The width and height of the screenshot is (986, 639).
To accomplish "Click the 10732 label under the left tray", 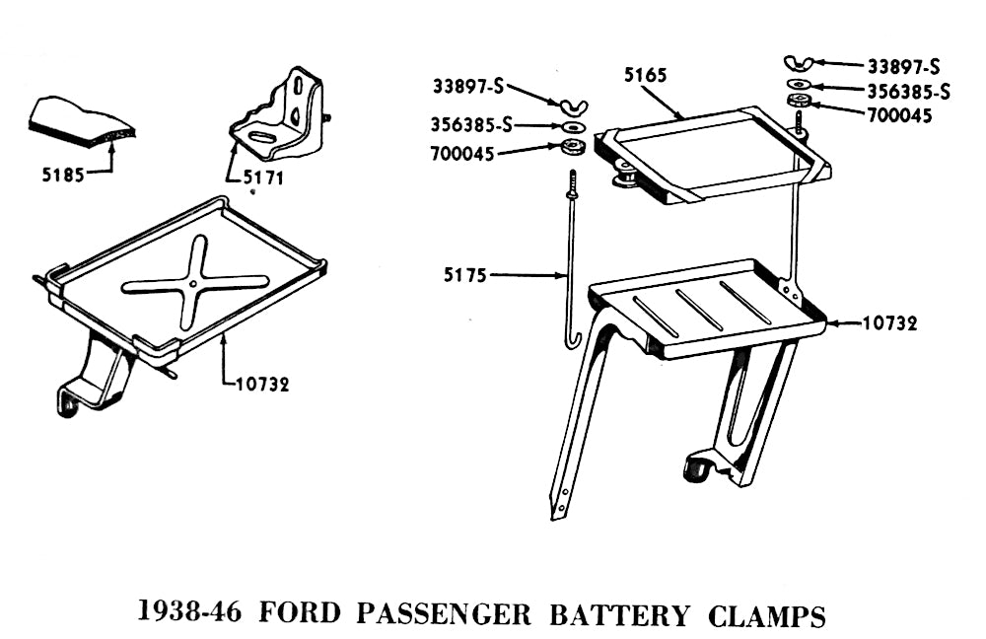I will [x=262, y=385].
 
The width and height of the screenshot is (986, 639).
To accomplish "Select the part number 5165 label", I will [x=646, y=74].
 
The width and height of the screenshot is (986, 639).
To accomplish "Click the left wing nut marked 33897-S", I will [x=571, y=106].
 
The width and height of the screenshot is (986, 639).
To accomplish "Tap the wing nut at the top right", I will [x=800, y=66].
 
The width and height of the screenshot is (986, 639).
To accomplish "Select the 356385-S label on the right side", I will [x=908, y=92].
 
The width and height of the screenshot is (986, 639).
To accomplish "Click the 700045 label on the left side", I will [x=463, y=152].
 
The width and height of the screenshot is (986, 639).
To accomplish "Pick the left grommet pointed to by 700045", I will [x=571, y=149].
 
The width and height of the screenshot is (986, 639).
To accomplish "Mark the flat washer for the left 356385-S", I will [x=572, y=127].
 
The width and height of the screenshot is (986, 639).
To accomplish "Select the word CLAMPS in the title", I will [x=766, y=615].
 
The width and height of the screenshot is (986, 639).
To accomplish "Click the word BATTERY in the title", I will [x=619, y=615].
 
